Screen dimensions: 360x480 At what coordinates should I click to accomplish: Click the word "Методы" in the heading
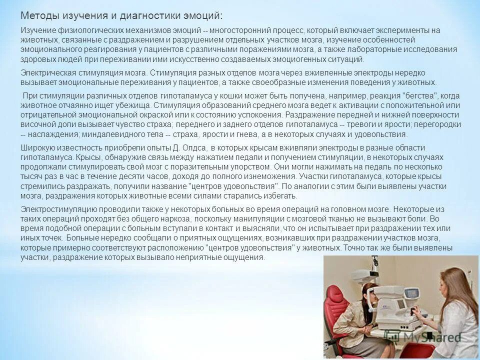(37, 15)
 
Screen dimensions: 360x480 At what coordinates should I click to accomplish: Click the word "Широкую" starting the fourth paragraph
(37, 148)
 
